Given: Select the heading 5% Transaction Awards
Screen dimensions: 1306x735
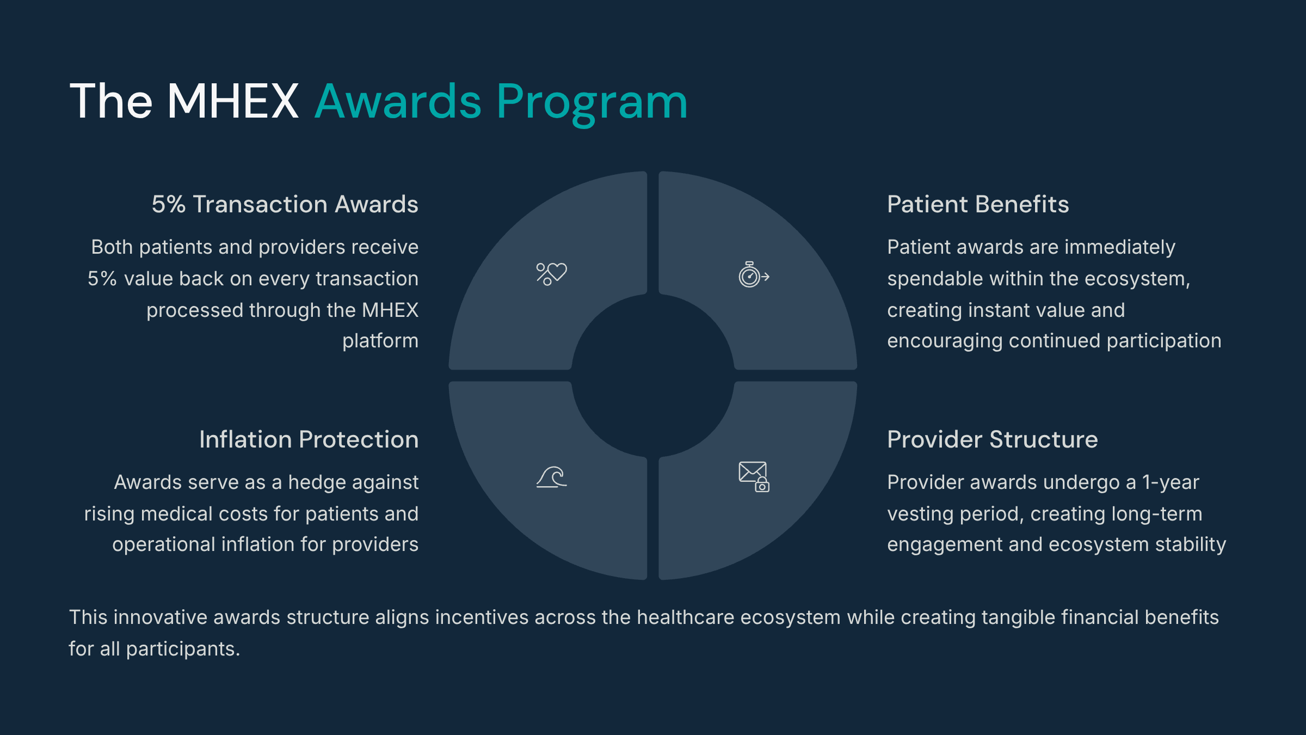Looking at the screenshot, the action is [x=285, y=204].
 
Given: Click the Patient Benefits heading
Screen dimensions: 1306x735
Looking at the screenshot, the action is [x=978, y=204].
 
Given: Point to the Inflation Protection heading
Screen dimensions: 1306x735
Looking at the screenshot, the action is [x=309, y=439].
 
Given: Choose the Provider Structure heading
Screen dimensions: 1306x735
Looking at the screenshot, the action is [x=993, y=439].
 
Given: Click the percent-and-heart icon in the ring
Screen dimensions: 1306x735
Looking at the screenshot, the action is [x=551, y=274].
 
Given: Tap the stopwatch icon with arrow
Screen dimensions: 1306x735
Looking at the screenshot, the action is [x=754, y=274].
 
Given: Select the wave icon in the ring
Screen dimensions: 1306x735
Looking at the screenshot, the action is [x=551, y=477].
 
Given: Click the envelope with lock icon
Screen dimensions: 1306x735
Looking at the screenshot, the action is [x=754, y=477].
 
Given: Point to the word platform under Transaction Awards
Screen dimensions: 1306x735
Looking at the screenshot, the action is [x=380, y=341].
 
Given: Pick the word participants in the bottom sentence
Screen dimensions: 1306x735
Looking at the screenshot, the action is [x=183, y=650].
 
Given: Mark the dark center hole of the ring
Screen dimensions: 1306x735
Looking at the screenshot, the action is [x=653, y=376].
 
